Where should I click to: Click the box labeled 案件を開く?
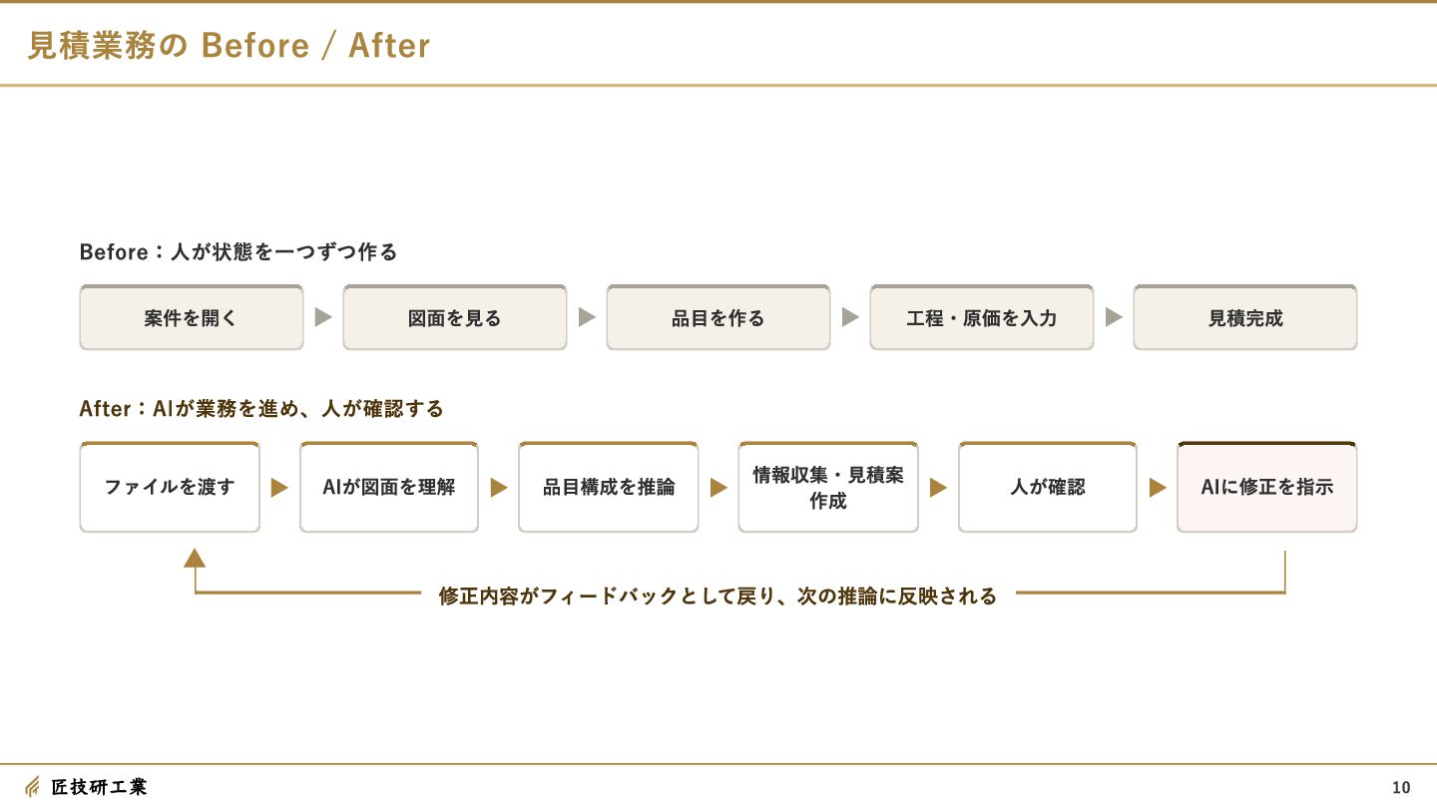tap(192, 317)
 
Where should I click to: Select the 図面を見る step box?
tap(455, 317)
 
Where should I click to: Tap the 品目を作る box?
tap(718, 317)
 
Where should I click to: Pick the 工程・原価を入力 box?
tap(982, 317)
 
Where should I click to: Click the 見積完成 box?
tap(1245, 317)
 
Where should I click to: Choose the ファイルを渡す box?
tap(170, 488)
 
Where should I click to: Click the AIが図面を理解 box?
tap(389, 488)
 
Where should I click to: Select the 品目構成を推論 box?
tap(608, 488)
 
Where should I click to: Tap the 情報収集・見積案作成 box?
tap(828, 488)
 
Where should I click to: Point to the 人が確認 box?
tap(1048, 488)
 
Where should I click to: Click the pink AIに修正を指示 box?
tap(1267, 488)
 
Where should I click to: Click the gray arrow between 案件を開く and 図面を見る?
tap(323, 317)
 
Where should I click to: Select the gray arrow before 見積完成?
tap(1114, 317)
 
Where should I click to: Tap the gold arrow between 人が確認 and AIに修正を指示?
tap(1158, 488)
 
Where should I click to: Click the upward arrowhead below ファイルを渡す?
tap(195, 558)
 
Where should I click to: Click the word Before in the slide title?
tap(255, 46)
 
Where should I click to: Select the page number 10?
tap(1401, 787)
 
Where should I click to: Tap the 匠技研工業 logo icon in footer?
tap(32, 786)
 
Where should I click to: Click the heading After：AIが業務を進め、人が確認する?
tap(261, 409)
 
